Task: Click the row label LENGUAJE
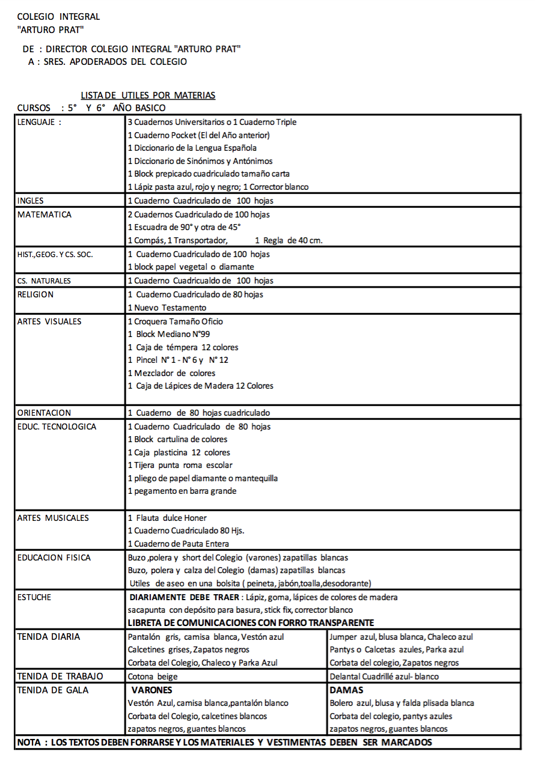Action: coord(39,122)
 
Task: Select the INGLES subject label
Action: coord(31,201)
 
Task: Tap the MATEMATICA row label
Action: coord(44,214)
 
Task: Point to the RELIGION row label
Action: coord(35,294)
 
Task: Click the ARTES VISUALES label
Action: coord(49,321)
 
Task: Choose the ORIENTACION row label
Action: coord(44,413)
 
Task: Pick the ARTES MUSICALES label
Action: coord(53,518)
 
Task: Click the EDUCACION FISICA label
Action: coord(54,558)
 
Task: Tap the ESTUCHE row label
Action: coord(34,597)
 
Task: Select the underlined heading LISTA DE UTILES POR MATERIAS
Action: coord(148,96)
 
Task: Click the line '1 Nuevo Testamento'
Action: coord(167,308)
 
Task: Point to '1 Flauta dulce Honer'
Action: coord(167,518)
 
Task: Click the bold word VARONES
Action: coord(151,690)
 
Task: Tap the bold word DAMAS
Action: coord(346,690)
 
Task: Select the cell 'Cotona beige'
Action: coord(153,676)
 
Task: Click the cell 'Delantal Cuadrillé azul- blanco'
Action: coord(384,676)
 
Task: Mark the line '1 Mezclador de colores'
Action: coord(171,373)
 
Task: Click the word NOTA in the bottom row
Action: coord(29,743)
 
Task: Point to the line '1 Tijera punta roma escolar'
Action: coord(180,466)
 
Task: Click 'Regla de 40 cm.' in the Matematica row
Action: coord(289,241)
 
